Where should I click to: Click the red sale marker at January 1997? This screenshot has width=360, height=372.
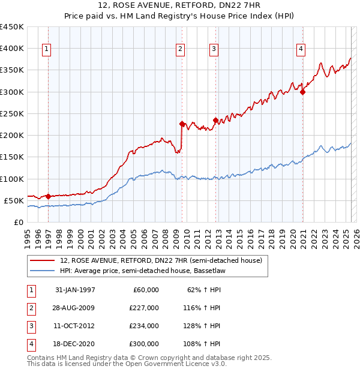(48, 196)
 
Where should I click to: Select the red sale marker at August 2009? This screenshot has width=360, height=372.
(182, 124)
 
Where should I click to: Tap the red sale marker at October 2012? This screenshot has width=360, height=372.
(215, 121)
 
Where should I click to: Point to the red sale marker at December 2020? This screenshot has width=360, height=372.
(302, 92)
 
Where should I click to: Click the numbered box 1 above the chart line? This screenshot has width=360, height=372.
(46, 50)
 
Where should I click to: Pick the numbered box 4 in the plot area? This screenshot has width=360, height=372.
(300, 50)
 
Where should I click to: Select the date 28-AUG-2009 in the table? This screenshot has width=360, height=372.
(74, 307)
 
